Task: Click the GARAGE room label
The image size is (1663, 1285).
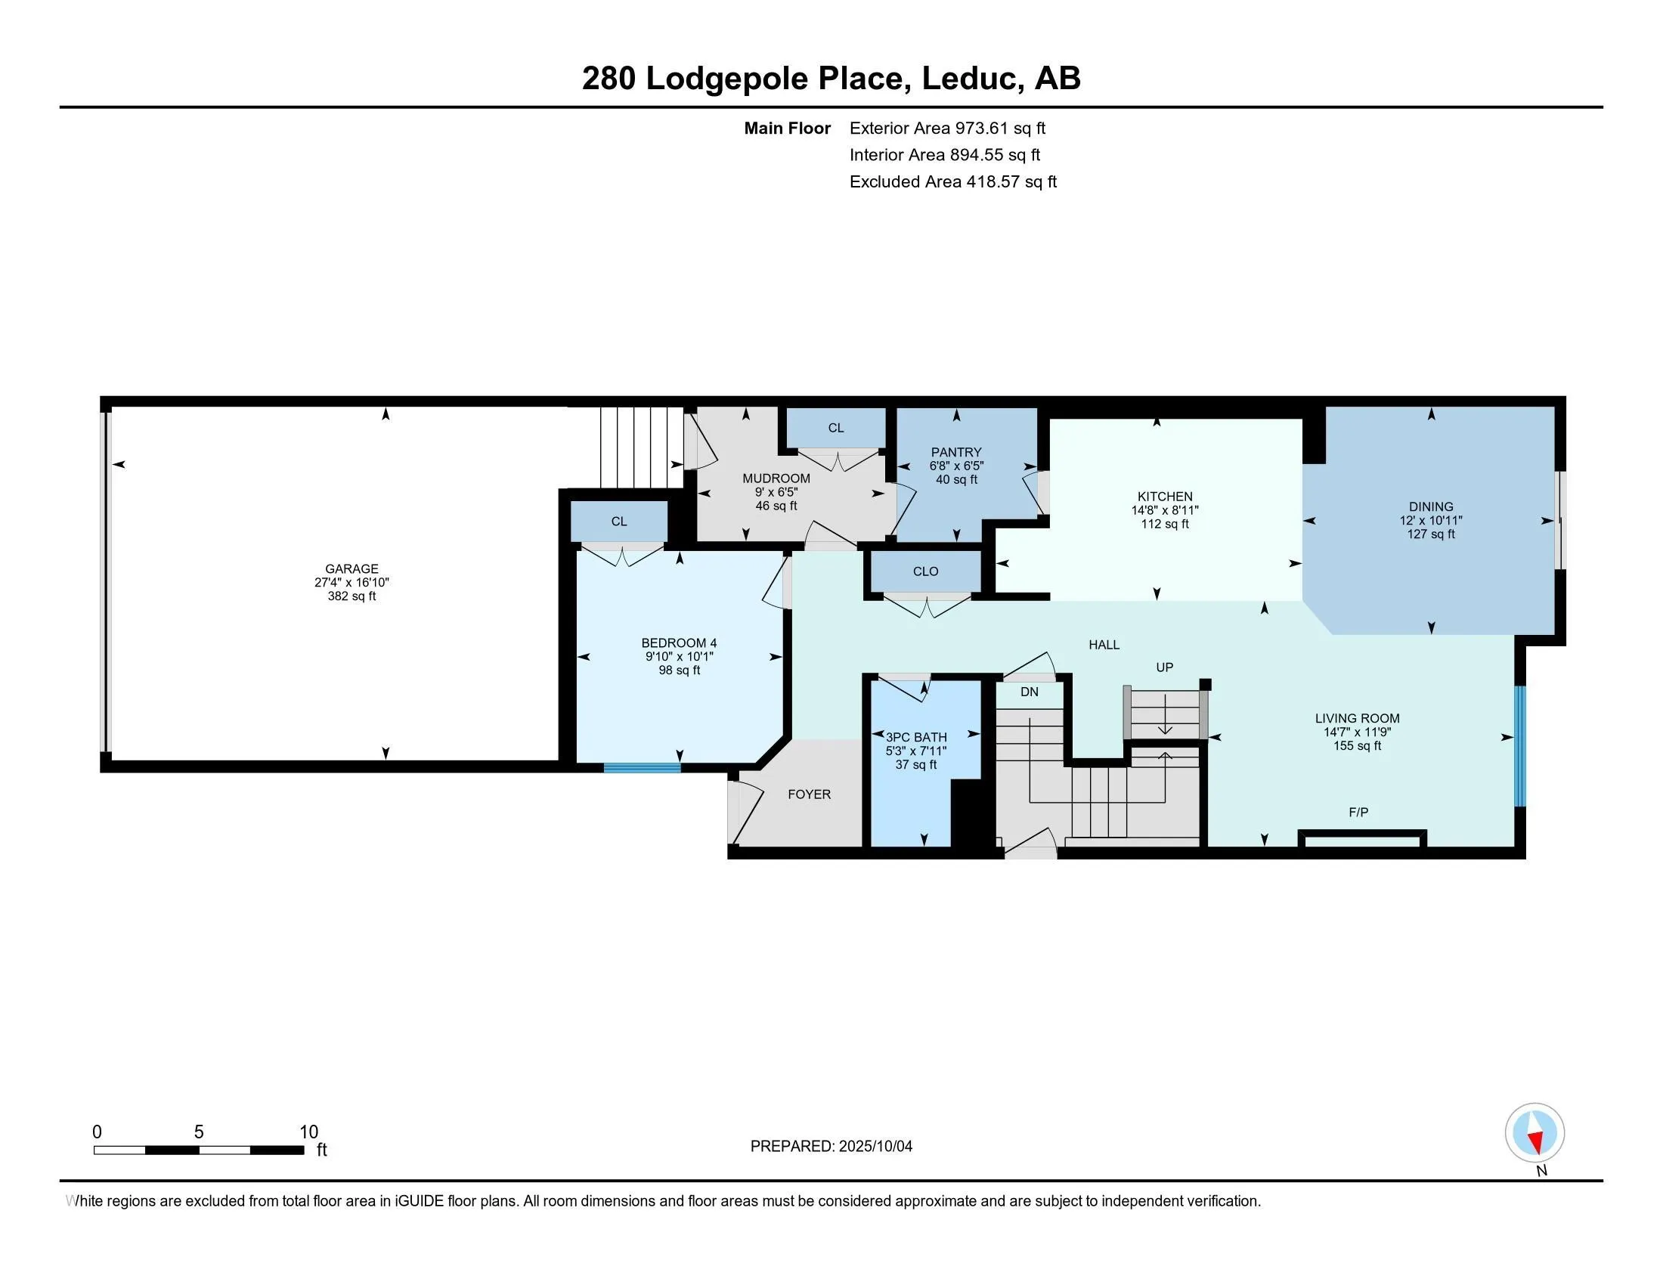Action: click(351, 568)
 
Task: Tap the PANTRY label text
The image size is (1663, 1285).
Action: click(955, 451)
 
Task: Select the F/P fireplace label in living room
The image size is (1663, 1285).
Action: click(1358, 813)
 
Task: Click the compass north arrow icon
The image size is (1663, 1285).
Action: click(1534, 1132)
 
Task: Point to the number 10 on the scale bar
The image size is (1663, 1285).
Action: click(308, 1132)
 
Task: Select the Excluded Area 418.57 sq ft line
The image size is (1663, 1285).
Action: click(952, 181)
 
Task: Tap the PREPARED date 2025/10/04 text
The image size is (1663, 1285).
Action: click(831, 1146)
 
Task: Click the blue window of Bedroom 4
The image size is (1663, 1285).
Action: click(642, 767)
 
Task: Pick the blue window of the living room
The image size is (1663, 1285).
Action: click(1519, 745)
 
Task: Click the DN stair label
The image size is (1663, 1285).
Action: click(1029, 691)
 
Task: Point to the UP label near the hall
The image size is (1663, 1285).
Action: click(1164, 667)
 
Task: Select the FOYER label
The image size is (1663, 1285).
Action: click(809, 794)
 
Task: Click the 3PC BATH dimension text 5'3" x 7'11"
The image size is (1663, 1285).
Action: click(915, 751)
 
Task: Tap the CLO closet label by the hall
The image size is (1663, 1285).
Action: click(925, 571)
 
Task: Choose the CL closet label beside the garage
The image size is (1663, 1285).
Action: click(618, 521)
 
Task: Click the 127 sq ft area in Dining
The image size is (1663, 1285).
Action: click(1430, 534)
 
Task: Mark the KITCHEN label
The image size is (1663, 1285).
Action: click(1164, 496)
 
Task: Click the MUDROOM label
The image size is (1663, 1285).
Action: click(776, 478)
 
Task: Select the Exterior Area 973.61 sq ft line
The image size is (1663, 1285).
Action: click(947, 128)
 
